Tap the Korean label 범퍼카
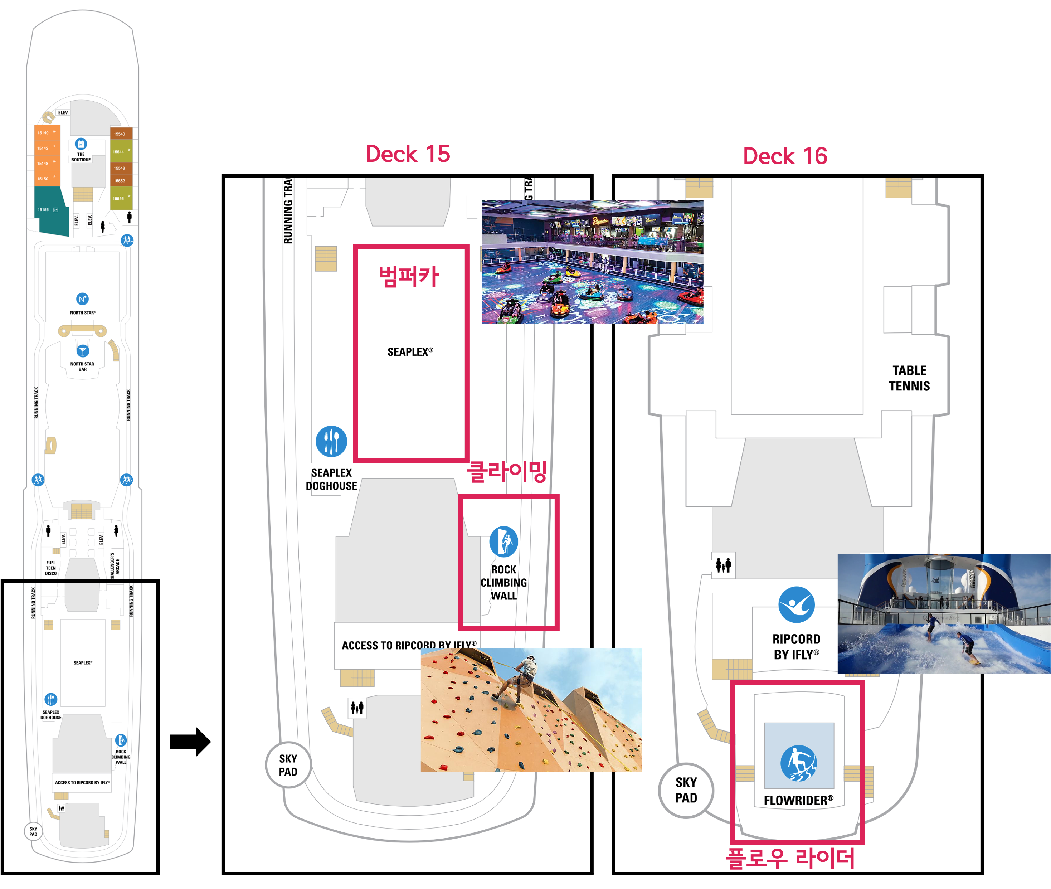tap(409, 277)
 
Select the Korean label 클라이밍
tap(507, 472)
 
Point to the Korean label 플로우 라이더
tap(790, 858)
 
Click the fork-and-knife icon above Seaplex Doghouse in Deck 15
tap(331, 442)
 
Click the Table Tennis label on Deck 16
tap(909, 378)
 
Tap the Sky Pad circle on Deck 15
tap(288, 765)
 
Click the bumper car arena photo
tap(593, 262)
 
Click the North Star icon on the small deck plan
tap(83, 299)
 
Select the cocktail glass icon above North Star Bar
tap(83, 351)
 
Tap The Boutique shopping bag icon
tap(81, 144)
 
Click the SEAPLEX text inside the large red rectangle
tap(410, 352)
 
